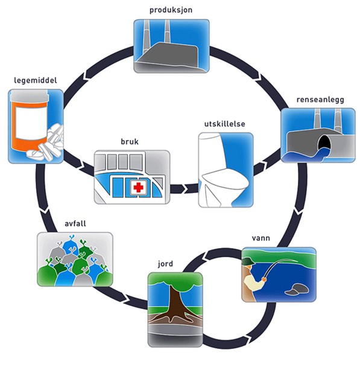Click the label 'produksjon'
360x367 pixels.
click(x=171, y=10)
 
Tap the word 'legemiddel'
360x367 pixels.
click(x=36, y=80)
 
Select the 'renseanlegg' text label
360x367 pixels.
click(x=320, y=100)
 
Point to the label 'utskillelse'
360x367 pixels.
click(x=225, y=124)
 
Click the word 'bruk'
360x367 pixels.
click(x=130, y=142)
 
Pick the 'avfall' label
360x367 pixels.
click(x=75, y=223)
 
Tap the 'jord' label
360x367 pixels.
click(x=165, y=264)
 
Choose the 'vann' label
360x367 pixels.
click(x=261, y=238)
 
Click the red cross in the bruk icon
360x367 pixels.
click(x=138, y=187)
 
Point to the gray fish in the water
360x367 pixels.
click(x=297, y=289)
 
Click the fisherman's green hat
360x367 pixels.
click(x=248, y=261)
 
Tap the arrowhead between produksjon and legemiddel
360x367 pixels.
click(x=86, y=74)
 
